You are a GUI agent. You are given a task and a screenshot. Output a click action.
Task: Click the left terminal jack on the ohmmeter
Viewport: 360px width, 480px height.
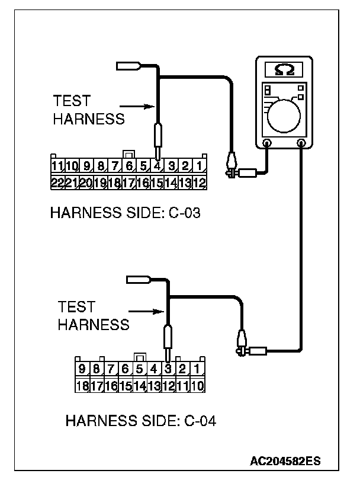tap(267, 143)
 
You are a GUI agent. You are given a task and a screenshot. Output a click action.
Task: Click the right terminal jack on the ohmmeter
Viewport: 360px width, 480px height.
tap(301, 143)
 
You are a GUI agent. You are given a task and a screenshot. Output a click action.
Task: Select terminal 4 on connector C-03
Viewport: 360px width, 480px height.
tap(157, 166)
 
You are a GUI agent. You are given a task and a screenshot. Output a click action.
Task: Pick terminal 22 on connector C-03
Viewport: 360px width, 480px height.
tap(57, 183)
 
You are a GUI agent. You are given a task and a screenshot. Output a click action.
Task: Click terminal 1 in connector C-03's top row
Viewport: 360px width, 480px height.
tap(200, 166)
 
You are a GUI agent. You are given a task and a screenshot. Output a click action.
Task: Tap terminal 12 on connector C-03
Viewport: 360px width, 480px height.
tap(199, 183)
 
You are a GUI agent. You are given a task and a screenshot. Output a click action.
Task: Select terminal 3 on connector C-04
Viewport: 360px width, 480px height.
tap(168, 369)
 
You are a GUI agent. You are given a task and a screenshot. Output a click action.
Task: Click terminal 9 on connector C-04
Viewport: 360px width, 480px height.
tap(82, 369)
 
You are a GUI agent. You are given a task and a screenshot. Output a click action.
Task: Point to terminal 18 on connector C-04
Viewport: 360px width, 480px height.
tap(82, 386)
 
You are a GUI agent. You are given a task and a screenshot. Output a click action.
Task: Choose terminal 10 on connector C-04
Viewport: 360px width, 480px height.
tap(198, 386)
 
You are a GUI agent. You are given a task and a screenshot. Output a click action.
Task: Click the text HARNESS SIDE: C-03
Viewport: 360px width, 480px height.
tap(125, 213)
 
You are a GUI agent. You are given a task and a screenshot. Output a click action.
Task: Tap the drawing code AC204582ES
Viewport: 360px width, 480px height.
tap(285, 460)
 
